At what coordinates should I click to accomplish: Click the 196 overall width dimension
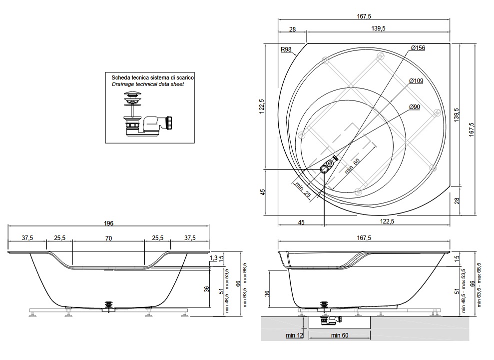[x=109, y=223]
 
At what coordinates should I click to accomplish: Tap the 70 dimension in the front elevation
[x=108, y=238]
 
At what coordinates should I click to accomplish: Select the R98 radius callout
[x=286, y=49]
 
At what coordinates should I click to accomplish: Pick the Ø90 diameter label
[x=414, y=107]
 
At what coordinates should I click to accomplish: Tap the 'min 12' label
[x=294, y=335]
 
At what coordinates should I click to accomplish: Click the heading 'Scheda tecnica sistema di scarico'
[x=152, y=78]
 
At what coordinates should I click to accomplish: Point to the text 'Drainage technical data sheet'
[x=148, y=84]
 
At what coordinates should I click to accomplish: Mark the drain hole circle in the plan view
[x=324, y=170]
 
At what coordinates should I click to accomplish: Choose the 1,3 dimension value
[x=214, y=258]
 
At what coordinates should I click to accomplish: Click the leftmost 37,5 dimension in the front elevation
[x=27, y=238]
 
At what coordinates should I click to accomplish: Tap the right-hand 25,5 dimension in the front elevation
[x=158, y=238]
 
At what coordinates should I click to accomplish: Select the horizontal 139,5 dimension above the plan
[x=378, y=29]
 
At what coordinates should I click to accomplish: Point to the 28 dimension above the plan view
[x=292, y=29]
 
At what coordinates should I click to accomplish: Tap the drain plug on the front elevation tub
[x=108, y=304]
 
